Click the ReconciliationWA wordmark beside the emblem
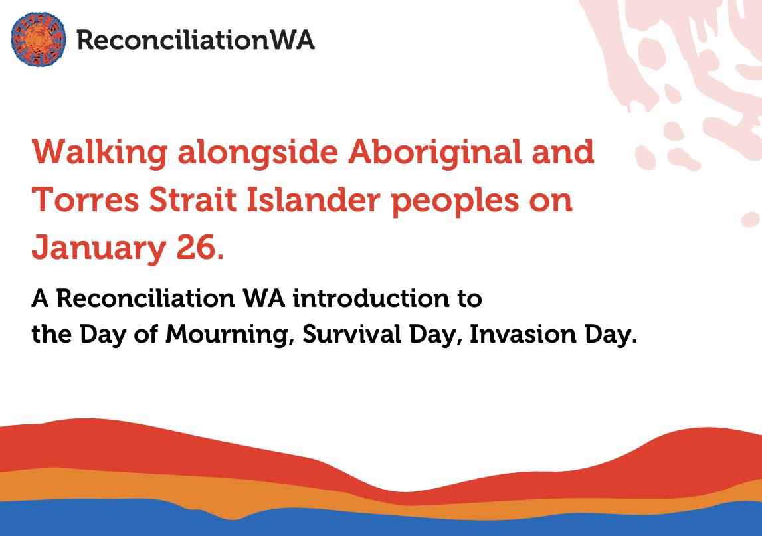(x=195, y=41)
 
